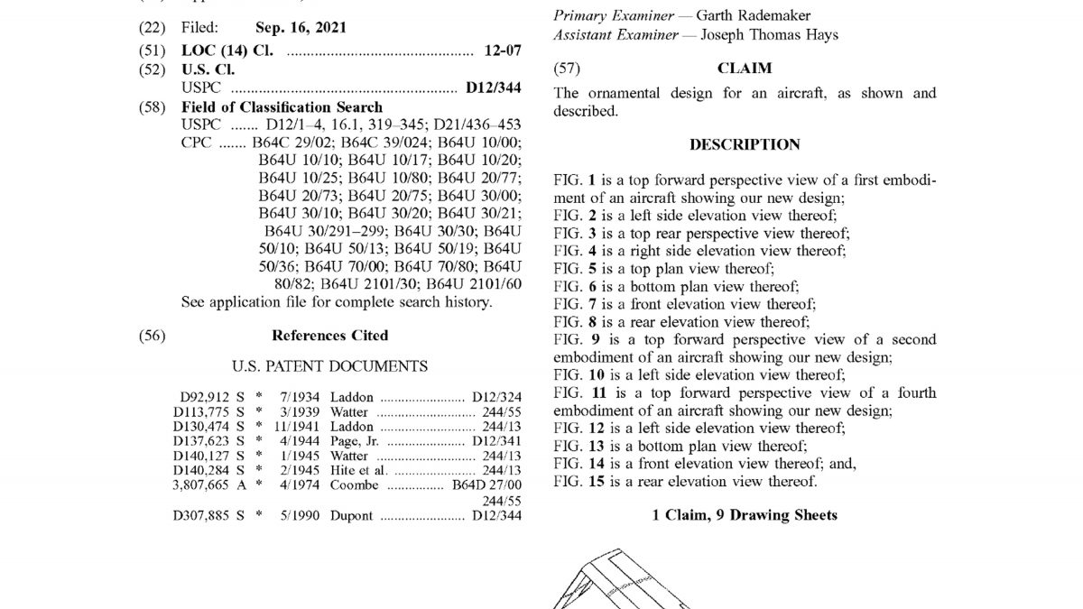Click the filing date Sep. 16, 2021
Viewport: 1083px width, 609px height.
(x=301, y=28)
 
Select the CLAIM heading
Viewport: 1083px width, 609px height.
(x=745, y=68)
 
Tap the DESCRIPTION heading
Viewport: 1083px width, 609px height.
(x=745, y=144)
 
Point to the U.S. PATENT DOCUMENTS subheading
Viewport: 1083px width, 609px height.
(x=329, y=366)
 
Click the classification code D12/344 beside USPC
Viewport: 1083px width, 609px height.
(x=494, y=88)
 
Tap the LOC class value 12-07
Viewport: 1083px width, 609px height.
(x=503, y=51)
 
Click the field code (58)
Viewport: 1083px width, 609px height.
(x=152, y=107)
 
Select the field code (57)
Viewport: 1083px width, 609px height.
(x=567, y=68)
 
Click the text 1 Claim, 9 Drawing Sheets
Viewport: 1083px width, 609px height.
(x=745, y=515)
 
